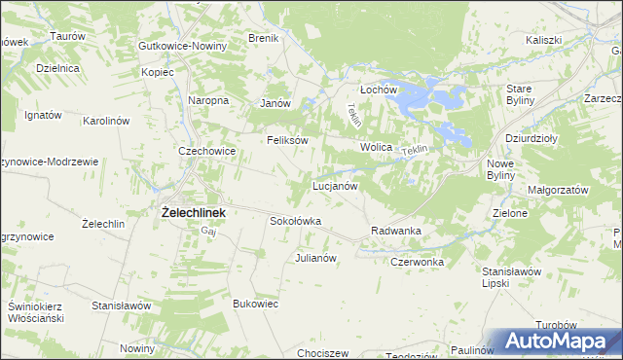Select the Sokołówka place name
tap(295, 221)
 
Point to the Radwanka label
tap(395, 231)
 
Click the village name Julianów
tap(315, 258)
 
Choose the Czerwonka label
tap(417, 262)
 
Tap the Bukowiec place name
tap(256, 304)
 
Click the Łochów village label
tap(381, 89)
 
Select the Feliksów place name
tap(288, 140)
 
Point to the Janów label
tap(276, 103)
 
